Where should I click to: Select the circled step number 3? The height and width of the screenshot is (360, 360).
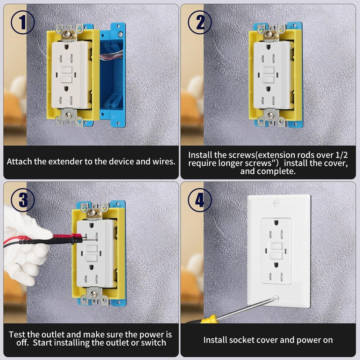[x=22, y=199]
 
